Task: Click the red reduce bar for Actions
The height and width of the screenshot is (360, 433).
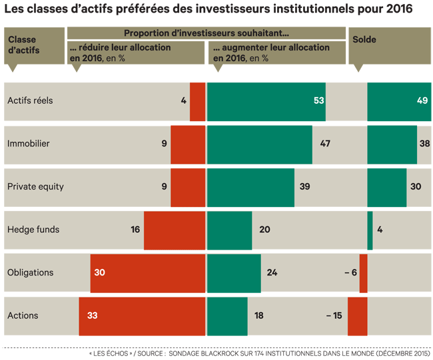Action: point(142,315)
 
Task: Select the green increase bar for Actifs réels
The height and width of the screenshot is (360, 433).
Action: point(266,101)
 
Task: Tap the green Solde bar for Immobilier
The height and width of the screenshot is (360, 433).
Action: point(392,144)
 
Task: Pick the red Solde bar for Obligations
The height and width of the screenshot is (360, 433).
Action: point(363,273)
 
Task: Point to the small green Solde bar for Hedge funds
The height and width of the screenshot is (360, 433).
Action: point(370,230)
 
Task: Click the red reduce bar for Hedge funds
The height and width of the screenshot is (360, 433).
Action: point(175,230)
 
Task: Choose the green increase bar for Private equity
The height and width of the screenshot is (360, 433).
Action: point(251,187)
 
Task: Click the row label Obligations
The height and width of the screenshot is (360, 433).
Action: point(30,273)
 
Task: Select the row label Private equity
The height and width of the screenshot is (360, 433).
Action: point(35,187)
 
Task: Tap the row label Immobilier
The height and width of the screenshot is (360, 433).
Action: point(28,144)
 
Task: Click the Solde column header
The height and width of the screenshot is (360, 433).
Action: point(364,40)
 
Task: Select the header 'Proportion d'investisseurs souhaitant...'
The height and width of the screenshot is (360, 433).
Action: point(207,33)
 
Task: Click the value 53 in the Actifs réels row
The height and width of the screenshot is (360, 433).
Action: point(318,101)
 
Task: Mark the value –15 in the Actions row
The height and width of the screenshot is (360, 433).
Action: point(334,315)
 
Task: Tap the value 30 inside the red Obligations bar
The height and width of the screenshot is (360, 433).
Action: point(100,273)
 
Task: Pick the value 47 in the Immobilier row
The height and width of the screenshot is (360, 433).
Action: point(325,144)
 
